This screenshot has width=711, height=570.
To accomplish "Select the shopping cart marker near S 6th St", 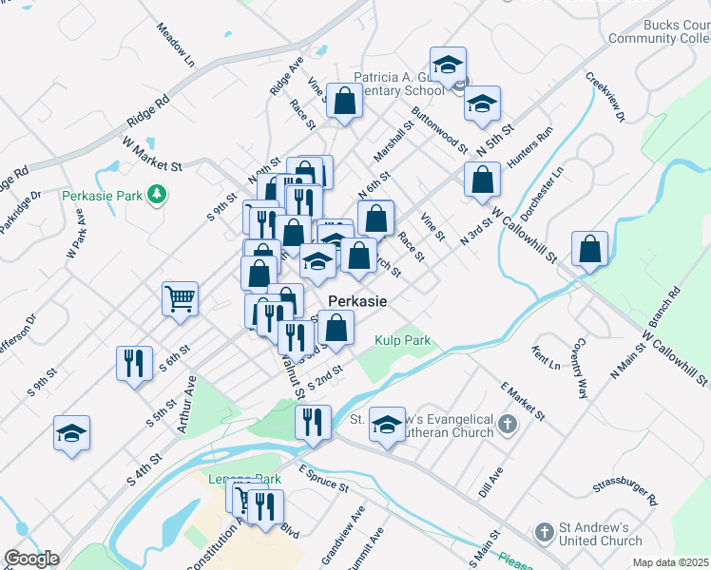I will click(x=180, y=300).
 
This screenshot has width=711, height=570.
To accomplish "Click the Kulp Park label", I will click(x=402, y=340).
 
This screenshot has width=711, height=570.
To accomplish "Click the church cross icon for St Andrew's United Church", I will click(x=545, y=531).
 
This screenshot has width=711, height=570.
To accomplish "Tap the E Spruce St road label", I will click(x=324, y=478).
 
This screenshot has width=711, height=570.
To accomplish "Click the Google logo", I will click(x=31, y=559).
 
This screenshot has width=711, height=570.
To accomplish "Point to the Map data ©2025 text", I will click(x=670, y=562).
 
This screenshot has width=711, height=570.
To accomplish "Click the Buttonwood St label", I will click(x=440, y=129).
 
